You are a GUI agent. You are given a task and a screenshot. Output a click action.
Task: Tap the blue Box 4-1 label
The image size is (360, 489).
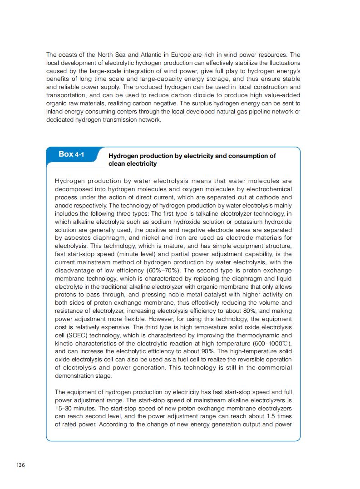[x=71, y=154]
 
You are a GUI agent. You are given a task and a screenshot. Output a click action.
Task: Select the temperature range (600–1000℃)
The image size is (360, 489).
[x=267, y=343]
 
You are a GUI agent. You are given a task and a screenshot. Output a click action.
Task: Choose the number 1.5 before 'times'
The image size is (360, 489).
[x=271, y=416]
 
